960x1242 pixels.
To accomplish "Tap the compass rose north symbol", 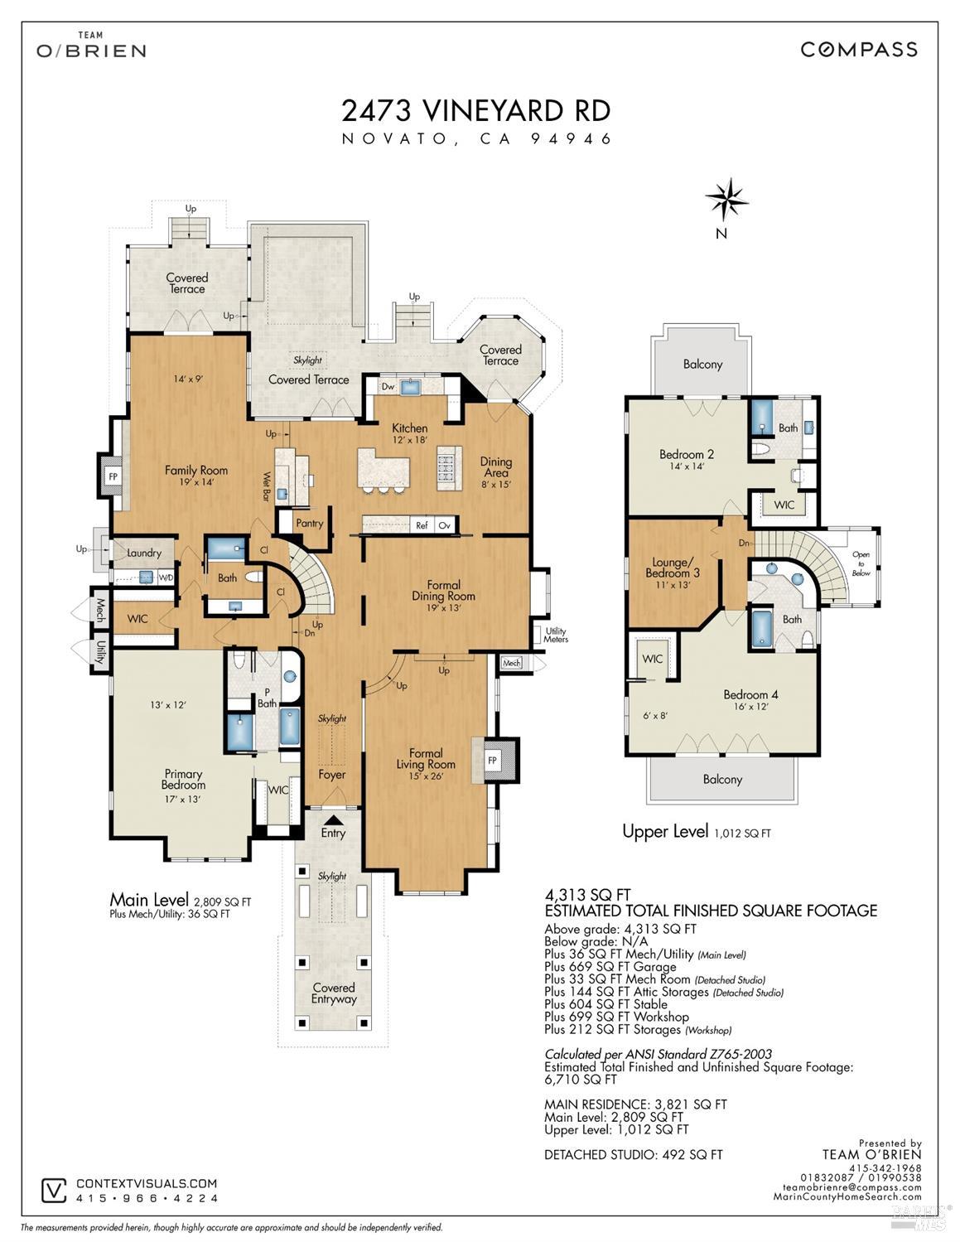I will pos(726,199).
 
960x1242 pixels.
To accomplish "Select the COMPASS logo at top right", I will pos(859,50).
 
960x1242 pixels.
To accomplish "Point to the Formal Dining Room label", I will pos(443,591).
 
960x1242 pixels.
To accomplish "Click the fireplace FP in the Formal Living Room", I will pos(492,761).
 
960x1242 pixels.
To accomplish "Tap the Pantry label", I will pos(309,524).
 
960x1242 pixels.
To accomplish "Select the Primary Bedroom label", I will pos(183,780).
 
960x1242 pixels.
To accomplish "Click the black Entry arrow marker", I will pos(333,819).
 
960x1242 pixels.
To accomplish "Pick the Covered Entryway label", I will pos(334,993).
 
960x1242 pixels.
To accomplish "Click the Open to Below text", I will pos(861,563).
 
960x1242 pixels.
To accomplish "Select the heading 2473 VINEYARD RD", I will pos(476,110).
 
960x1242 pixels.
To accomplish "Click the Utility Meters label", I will pos(555,635).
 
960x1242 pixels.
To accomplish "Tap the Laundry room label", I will pos(144,553).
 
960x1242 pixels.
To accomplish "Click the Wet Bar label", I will pos(268,487).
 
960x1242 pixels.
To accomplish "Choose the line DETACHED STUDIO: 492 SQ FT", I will pos(633,1154).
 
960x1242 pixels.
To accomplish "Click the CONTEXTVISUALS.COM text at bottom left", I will pos(147,1184).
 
